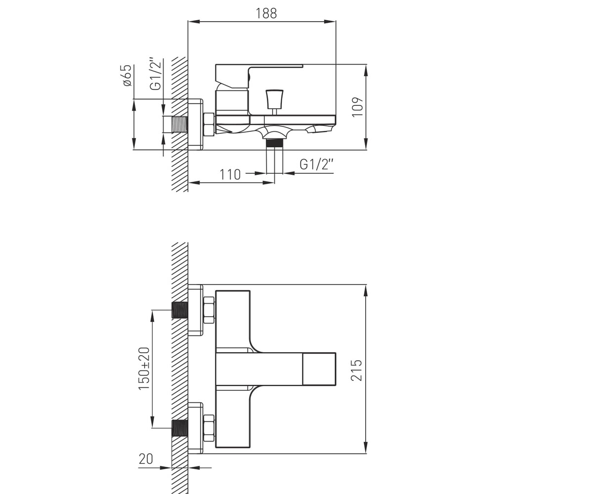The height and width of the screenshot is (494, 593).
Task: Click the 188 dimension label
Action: point(266,13)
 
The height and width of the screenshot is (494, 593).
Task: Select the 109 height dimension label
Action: point(358,107)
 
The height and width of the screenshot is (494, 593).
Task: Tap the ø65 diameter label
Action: point(127,75)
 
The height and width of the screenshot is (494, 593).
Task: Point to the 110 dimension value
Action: point(230,174)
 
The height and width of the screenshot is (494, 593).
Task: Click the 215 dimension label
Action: point(356,370)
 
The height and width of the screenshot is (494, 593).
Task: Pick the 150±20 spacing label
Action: point(144,369)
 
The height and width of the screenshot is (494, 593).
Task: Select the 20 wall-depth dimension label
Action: point(146,467)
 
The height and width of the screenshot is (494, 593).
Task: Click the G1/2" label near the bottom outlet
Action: point(316,164)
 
